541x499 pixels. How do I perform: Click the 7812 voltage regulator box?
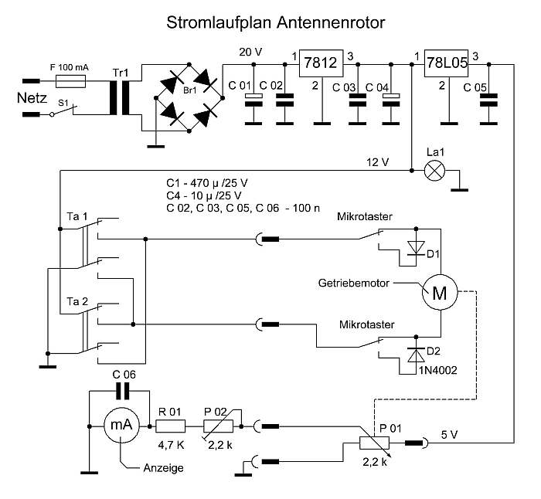pos(321,64)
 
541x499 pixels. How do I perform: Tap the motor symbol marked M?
pos(438,293)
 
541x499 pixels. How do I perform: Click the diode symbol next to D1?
pos(418,247)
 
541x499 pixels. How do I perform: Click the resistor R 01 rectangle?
pos(170,425)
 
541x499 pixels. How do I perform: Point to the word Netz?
pos(32,98)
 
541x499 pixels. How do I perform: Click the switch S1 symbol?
pos(65,113)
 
